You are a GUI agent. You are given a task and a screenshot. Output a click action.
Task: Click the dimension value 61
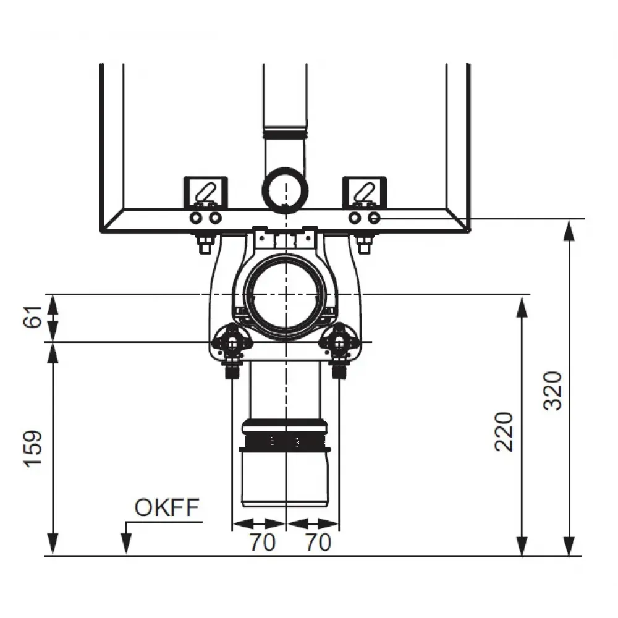(33, 316)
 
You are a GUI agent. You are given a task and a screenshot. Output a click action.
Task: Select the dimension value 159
(33, 449)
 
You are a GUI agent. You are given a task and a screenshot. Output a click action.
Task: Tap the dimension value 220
(504, 431)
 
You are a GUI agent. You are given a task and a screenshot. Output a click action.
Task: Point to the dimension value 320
(552, 391)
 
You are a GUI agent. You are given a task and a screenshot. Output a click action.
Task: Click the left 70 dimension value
(262, 543)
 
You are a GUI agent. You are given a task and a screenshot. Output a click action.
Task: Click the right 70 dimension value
(318, 543)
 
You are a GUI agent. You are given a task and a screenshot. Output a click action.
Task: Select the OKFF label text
(167, 507)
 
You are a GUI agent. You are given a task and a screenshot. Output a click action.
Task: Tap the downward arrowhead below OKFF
(126, 543)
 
